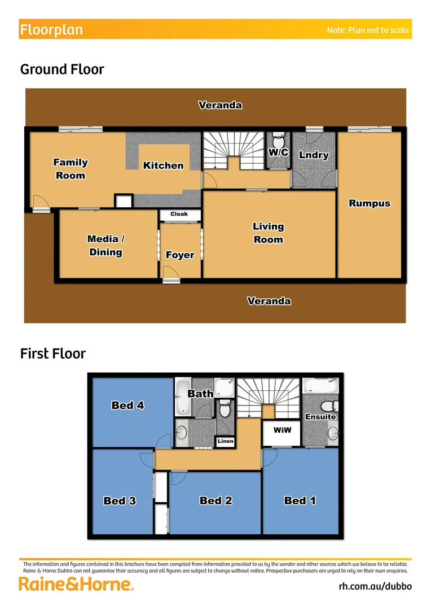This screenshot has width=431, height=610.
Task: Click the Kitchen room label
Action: coord(163,165)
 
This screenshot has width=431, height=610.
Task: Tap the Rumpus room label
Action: coord(370,203)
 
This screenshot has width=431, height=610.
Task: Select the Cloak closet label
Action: coord(179,215)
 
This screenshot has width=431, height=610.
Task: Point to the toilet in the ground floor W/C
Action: coord(278,140)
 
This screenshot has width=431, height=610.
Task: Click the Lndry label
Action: coord(314,155)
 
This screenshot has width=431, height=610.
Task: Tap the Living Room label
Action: coord(268,233)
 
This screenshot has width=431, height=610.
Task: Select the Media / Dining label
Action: coord(106,246)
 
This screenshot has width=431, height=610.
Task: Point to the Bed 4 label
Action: coord(127,405)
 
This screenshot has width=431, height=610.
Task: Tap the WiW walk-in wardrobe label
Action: coord(282,430)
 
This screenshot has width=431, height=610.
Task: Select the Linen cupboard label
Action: coord(226,441)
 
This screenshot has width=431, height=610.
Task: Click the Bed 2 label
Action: coord(216,500)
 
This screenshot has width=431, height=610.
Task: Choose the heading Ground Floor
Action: coord(62,69)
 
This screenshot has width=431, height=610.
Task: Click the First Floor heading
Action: coord(53,354)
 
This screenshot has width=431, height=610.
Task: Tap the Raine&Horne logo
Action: coord(76,585)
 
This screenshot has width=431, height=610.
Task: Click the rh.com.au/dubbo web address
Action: coord(375,586)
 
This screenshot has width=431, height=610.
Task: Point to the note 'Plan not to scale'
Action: coord(368,30)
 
